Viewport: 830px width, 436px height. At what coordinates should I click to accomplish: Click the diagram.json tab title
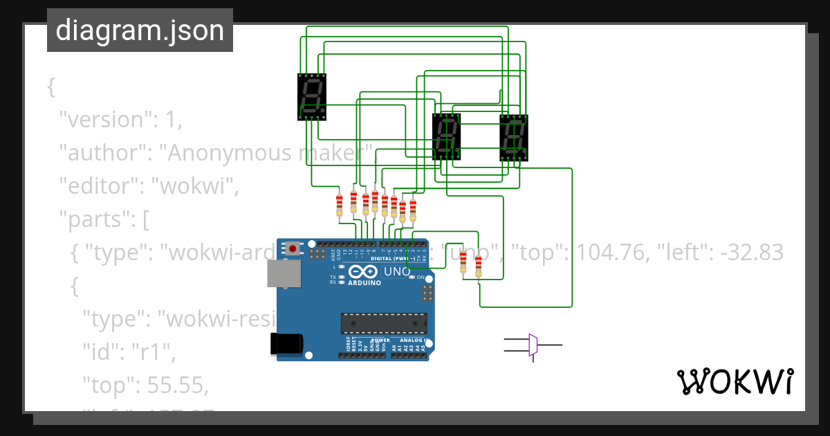coord(140,30)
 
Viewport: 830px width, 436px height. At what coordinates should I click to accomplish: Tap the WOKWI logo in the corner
coord(735,382)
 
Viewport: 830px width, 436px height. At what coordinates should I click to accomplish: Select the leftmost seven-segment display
coord(311,96)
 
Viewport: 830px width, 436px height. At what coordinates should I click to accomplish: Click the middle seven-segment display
coord(446,136)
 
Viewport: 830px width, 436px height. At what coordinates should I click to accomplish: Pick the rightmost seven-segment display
coord(513,137)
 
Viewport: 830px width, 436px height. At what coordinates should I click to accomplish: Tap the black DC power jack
coord(286,343)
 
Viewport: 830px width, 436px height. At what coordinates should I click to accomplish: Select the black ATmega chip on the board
coord(383,323)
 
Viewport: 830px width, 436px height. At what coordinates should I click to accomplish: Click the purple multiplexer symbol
coord(533,345)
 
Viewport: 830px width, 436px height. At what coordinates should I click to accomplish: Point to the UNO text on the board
coord(397,271)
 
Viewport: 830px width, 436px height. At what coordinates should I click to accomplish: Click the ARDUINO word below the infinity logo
coord(364,282)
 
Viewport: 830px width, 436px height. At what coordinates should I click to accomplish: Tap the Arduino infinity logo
coord(364,271)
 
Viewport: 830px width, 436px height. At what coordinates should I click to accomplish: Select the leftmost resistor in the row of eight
coord(339,205)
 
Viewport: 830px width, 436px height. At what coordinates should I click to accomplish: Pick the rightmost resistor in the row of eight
coord(413,209)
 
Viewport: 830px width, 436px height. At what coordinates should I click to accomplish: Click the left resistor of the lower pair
coord(463,262)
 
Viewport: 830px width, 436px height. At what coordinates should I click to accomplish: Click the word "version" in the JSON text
coord(104,120)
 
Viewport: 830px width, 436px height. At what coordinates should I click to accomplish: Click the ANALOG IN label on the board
coord(413,340)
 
